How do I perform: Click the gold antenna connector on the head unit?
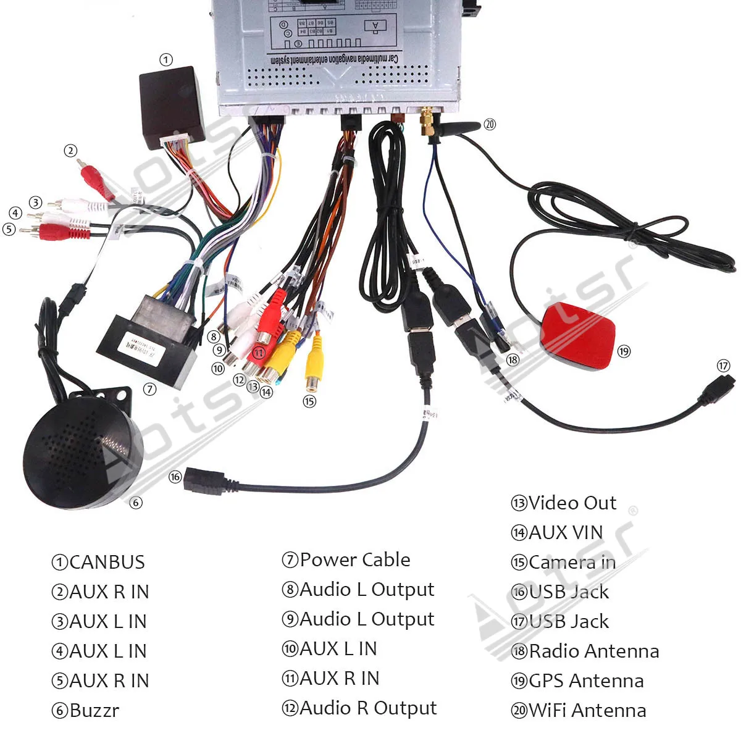(x=427, y=122)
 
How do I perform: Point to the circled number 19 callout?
(x=624, y=351)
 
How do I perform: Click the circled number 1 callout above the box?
(x=165, y=60)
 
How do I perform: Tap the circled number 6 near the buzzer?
(x=136, y=503)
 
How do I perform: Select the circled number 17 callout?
(x=724, y=366)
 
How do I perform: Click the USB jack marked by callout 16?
(x=204, y=482)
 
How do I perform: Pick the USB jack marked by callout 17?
(x=719, y=390)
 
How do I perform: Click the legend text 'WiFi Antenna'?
(x=587, y=710)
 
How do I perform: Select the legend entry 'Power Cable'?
(x=354, y=559)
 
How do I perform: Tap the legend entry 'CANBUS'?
(x=106, y=562)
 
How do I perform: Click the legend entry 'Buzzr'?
(x=93, y=710)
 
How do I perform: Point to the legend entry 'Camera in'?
(x=571, y=562)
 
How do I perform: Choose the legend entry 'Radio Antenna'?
(x=593, y=651)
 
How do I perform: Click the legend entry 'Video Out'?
(x=572, y=503)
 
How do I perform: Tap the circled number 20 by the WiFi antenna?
(x=490, y=124)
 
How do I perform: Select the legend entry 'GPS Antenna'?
(x=585, y=680)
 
